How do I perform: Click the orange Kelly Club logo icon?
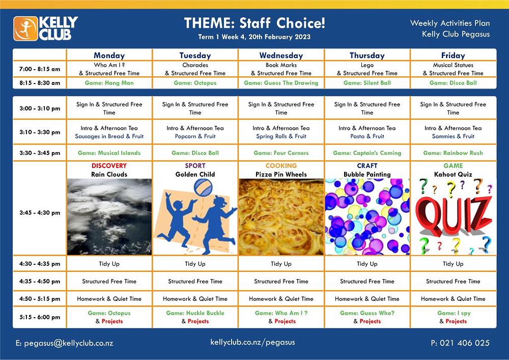(25, 29)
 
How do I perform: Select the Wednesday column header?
(281, 56)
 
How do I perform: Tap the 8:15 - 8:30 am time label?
(40, 83)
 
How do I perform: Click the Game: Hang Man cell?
(109, 83)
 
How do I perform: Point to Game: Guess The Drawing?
(281, 83)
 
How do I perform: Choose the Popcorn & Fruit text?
(195, 136)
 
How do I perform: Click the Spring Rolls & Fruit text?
(281, 136)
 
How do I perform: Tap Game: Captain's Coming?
(367, 153)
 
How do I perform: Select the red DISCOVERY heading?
(109, 165)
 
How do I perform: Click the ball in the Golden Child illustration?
(203, 187)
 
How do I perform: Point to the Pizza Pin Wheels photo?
(281, 216)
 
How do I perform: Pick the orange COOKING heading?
(281, 165)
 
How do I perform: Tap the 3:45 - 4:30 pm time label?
(40, 213)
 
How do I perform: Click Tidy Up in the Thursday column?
(367, 264)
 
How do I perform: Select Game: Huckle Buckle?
(195, 313)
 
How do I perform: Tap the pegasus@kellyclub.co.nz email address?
(69, 343)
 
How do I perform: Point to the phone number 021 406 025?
(465, 343)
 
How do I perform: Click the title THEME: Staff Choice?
(254, 23)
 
